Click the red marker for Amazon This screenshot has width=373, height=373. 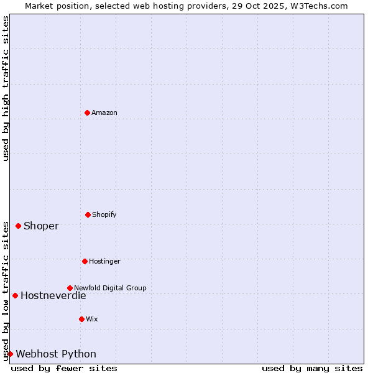[x=87, y=113]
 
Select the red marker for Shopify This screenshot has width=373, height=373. [x=88, y=214]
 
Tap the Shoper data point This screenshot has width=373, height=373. [x=18, y=226]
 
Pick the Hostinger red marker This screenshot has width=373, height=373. [x=85, y=261]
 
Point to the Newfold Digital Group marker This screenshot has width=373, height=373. [x=70, y=288]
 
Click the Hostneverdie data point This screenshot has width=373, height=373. [x=15, y=295]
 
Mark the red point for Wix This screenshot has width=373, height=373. [x=81, y=319]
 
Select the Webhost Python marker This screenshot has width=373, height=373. [x=10, y=354]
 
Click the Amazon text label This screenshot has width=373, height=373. [x=104, y=113]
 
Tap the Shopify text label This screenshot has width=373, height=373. [x=104, y=214]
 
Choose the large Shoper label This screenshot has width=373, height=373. [x=41, y=226]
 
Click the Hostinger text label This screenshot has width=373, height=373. [x=104, y=261]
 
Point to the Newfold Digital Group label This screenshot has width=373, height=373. [x=110, y=288]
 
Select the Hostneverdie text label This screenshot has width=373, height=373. [x=53, y=295]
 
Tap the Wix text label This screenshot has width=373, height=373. [x=92, y=319]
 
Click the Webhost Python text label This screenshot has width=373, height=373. [x=56, y=354]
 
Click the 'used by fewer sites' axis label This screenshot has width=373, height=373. [x=64, y=368]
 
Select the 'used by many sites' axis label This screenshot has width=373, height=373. [x=312, y=368]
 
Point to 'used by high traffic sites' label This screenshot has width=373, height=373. [x=6, y=88]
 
